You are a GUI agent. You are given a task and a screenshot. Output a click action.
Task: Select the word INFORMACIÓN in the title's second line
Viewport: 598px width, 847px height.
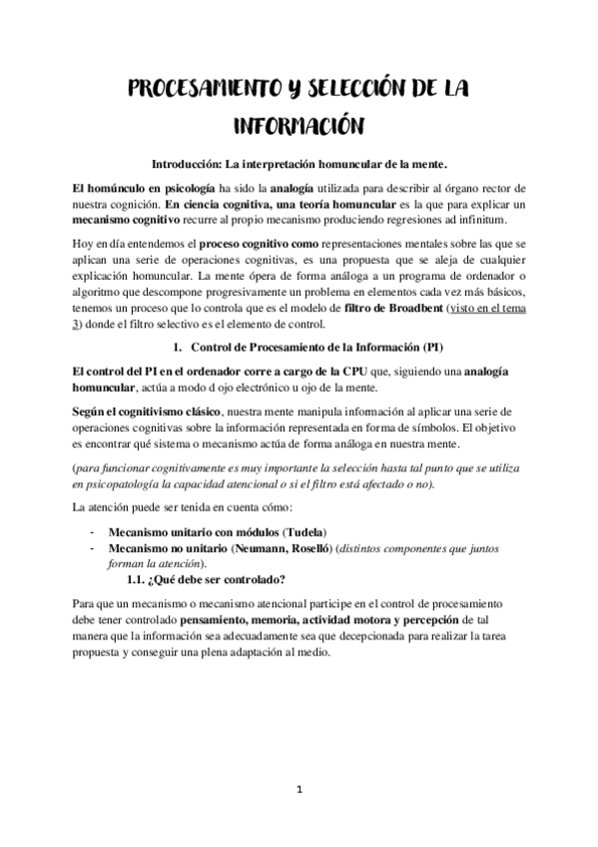tap(299, 127)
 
